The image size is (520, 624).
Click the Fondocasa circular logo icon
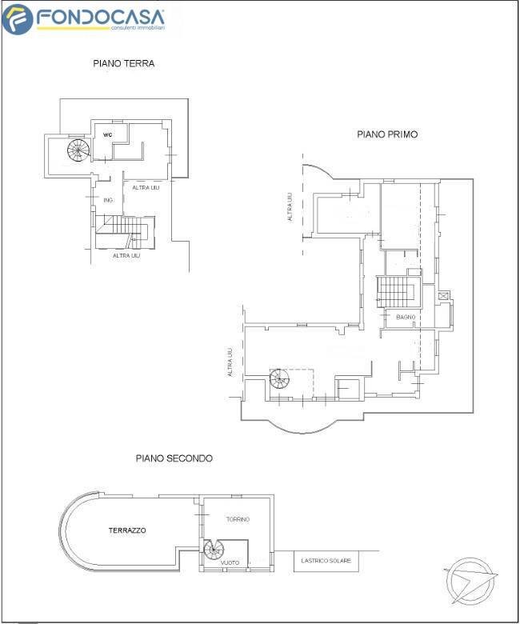(17, 19)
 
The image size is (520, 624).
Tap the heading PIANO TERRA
(124, 63)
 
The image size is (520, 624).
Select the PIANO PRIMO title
(387, 134)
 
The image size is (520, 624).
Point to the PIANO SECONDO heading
(174, 458)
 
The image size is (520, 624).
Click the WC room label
(108, 135)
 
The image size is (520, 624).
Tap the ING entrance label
(108, 200)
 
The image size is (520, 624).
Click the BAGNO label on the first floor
(406, 317)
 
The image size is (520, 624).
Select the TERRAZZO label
(127, 530)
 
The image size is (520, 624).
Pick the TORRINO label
(238, 519)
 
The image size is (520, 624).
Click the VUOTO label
(230, 562)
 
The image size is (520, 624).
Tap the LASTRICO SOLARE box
(326, 561)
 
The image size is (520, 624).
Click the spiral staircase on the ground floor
(78, 150)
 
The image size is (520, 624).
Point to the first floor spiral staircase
(279, 378)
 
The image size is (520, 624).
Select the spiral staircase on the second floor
(214, 550)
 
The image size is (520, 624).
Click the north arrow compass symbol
(470, 580)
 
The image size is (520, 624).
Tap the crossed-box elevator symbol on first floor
(443, 296)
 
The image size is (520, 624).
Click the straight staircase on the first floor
(396, 292)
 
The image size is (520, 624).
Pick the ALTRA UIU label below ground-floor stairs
(126, 255)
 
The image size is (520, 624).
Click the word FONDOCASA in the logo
(100, 17)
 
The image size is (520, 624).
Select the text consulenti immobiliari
(138, 28)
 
